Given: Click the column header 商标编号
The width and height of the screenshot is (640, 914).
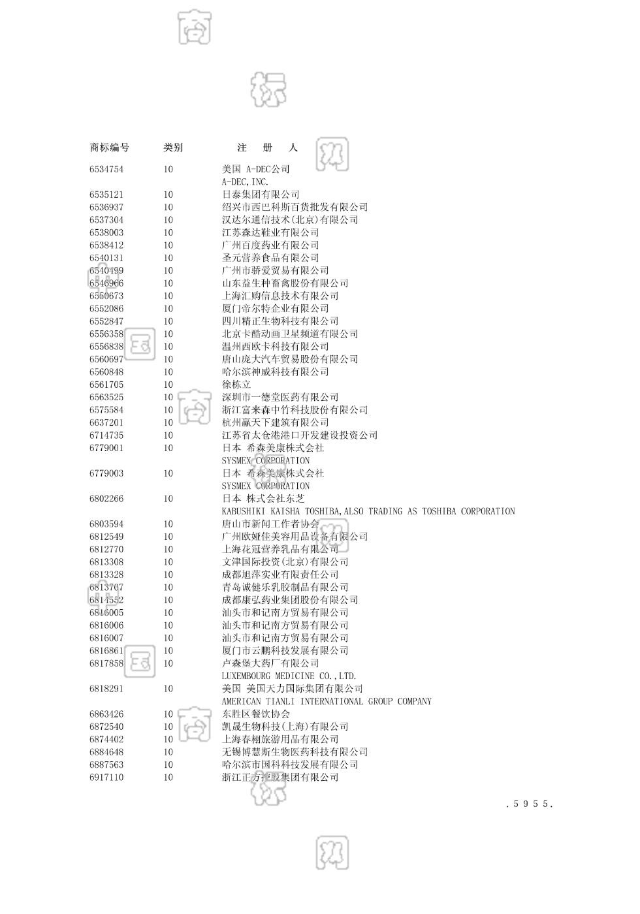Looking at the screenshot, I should [x=109, y=148].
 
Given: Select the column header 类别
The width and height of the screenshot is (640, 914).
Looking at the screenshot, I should [x=173, y=148].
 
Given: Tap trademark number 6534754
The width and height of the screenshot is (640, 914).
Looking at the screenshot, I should [x=106, y=170].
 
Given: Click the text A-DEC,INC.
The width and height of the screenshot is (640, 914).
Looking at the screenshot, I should [x=245, y=182].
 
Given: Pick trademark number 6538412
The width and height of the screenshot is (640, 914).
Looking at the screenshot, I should [x=106, y=245].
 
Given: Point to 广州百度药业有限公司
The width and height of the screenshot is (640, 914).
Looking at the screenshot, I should [x=270, y=245].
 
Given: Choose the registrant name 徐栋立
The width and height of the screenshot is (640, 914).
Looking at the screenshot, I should [x=236, y=385].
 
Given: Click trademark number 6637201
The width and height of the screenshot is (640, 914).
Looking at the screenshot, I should [x=106, y=423].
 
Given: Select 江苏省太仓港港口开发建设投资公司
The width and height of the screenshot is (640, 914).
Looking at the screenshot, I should [x=300, y=435].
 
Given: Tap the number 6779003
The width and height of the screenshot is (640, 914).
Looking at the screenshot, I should [x=106, y=474].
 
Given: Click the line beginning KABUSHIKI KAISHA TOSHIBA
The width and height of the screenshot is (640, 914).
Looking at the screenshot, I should [x=368, y=512].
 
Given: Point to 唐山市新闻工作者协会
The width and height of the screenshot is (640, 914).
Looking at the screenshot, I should [x=270, y=524].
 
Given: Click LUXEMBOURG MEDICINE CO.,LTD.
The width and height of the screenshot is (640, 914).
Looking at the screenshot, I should [x=289, y=676].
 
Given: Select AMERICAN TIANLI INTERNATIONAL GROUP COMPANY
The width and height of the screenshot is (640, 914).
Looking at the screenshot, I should [x=327, y=702].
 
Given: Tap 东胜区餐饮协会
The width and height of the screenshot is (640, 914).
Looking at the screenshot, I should [x=256, y=714].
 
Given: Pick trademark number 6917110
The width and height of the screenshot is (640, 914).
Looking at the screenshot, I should [x=106, y=778].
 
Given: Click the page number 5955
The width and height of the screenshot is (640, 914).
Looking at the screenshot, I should [x=530, y=804].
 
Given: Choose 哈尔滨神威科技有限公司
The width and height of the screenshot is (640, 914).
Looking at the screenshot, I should [x=276, y=372].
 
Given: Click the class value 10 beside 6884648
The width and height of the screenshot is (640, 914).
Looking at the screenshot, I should [x=168, y=752].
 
